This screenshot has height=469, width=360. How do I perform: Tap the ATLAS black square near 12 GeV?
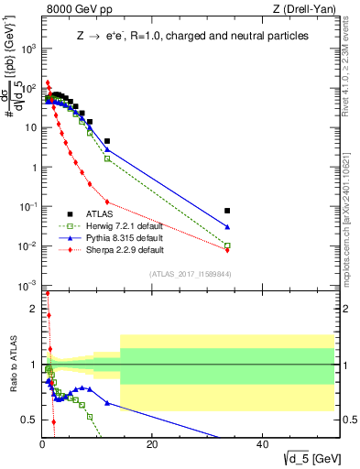point(107,141)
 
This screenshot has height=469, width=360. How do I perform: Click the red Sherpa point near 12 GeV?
point(107,202)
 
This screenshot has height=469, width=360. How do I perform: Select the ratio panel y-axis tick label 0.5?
point(29,420)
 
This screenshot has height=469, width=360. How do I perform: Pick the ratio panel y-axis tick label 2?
point(34,309)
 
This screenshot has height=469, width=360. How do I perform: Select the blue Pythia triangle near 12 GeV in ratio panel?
point(107,403)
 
